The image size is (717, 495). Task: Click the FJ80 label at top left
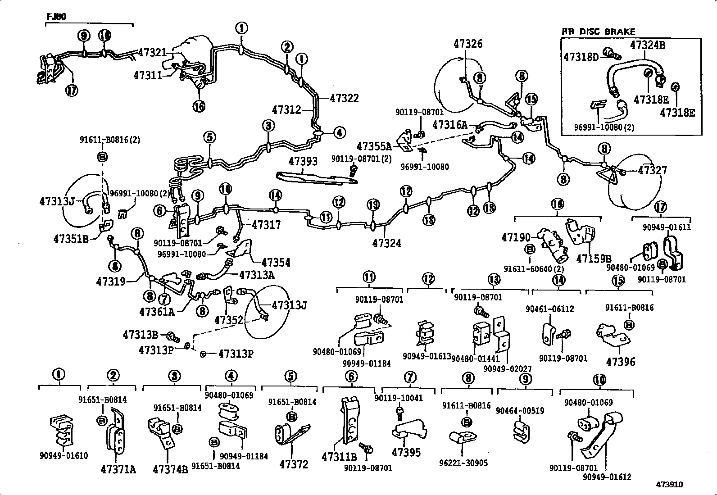[56, 17]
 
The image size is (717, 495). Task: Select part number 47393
[303, 161]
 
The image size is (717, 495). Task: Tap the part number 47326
[468, 44]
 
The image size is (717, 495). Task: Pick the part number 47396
[621, 362]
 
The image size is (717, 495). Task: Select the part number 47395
[406, 452]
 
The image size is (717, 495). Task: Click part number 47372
[294, 464]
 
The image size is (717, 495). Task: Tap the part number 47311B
[339, 457]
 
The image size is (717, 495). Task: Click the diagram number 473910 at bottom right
[669, 485]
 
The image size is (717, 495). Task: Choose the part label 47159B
[594, 259]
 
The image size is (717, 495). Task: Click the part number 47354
[276, 262]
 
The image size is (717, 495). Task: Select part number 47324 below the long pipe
[386, 243]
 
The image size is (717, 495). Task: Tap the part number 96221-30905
[463, 463]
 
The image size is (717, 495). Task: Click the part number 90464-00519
[520, 411]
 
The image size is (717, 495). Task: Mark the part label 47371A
[118, 469]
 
